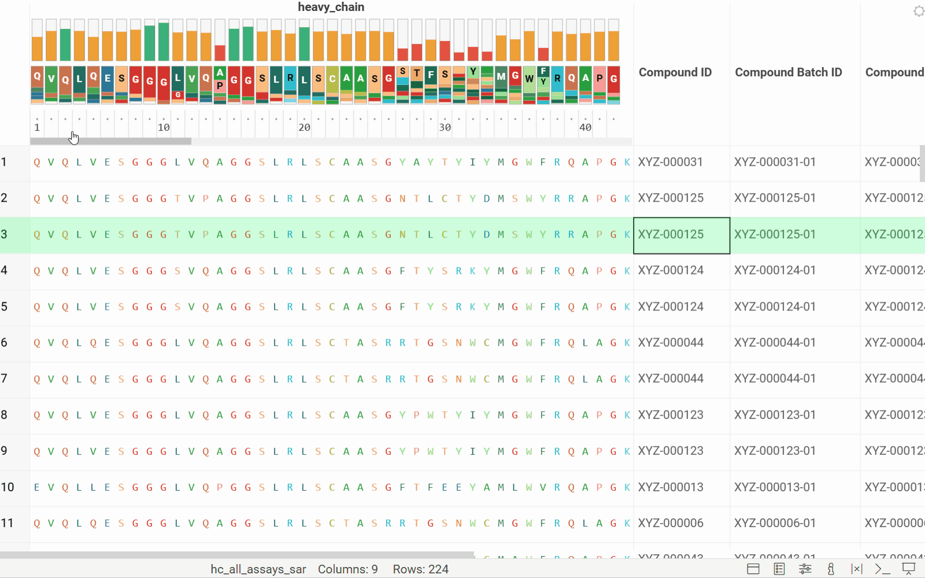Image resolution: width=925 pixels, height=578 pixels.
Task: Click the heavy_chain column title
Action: [x=331, y=8]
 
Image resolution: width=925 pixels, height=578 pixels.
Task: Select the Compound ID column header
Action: [x=675, y=72]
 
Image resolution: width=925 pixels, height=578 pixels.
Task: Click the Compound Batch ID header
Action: [x=788, y=72]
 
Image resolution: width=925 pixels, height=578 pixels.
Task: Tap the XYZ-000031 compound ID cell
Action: [x=671, y=162]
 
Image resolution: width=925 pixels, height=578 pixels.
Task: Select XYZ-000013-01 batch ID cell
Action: [x=775, y=487]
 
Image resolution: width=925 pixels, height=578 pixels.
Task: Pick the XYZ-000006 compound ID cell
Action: [x=671, y=523]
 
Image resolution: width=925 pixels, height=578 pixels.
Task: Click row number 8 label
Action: [x=5, y=415]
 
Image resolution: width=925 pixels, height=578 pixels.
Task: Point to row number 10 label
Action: [x=8, y=487]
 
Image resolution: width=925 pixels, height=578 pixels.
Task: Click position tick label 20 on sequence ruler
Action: [x=304, y=128]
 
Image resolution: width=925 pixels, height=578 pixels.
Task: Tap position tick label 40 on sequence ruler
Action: [x=585, y=128]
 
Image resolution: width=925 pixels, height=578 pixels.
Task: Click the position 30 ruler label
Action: [x=445, y=128]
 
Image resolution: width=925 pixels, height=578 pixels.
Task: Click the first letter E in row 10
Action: [x=37, y=487]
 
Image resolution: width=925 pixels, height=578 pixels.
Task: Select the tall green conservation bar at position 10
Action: [x=164, y=42]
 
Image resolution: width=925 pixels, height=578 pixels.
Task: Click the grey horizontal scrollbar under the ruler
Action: [x=110, y=141]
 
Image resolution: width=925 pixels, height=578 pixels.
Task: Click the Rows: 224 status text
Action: [x=420, y=569]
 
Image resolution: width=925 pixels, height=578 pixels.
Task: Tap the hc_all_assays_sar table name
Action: [x=258, y=569]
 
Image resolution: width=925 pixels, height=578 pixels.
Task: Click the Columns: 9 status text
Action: [x=347, y=569]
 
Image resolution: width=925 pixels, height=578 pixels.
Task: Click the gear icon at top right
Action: [x=919, y=11]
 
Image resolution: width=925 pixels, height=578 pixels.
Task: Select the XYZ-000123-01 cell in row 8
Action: [x=775, y=415]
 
